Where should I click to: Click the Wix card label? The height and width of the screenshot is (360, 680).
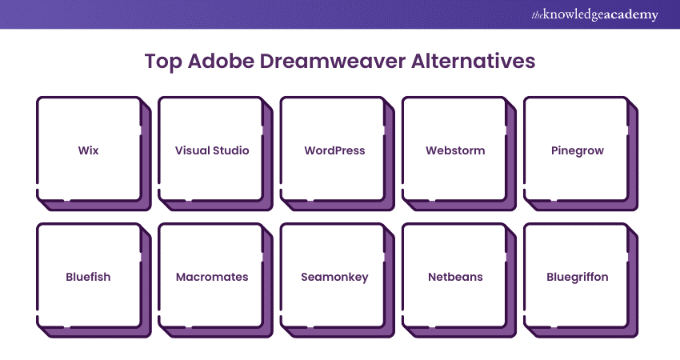(x=88, y=150)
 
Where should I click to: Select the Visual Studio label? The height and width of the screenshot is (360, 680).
(x=212, y=150)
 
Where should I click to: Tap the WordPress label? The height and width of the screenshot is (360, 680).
(x=334, y=150)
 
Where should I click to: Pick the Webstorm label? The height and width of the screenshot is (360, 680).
(x=455, y=150)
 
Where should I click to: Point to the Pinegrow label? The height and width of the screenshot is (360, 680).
(x=578, y=150)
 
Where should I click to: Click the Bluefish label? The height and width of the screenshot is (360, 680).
(x=88, y=277)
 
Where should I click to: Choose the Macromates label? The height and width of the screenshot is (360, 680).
(x=212, y=277)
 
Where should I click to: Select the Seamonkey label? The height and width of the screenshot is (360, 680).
(x=334, y=277)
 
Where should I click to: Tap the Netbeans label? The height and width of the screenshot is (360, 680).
(x=455, y=277)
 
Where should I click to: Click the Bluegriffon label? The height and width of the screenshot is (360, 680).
(x=578, y=277)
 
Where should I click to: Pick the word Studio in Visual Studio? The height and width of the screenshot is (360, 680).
(x=231, y=150)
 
